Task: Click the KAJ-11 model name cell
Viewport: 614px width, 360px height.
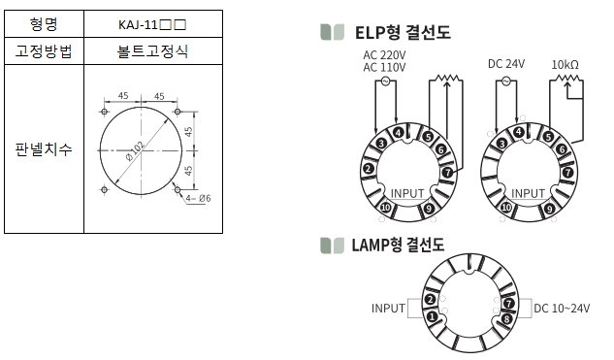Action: point(152,24)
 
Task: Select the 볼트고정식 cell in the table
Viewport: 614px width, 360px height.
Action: point(152,51)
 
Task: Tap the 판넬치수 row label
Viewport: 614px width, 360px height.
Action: point(44,149)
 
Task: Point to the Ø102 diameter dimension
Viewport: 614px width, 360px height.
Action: point(135,151)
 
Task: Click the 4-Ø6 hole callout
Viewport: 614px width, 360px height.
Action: point(198,198)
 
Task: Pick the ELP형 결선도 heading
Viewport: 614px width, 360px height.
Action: point(403,32)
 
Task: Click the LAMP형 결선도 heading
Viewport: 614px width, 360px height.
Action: point(398,245)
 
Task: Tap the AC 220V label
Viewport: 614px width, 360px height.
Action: point(384,55)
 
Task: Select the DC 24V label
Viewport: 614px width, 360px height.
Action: point(506,64)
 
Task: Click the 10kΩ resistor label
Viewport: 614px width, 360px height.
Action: point(566,65)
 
